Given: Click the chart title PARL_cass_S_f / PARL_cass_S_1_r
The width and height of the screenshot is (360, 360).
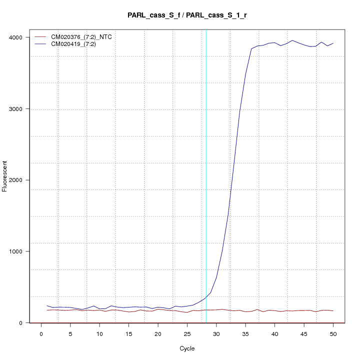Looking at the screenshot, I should [x=187, y=15].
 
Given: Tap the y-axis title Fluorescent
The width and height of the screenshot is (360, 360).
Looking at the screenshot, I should [x=5, y=176].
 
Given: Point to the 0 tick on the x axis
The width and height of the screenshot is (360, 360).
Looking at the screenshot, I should [x=41, y=332].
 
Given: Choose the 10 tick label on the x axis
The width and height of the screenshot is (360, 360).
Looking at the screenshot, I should [x=100, y=332].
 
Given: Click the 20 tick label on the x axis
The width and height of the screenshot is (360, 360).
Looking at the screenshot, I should [x=158, y=332].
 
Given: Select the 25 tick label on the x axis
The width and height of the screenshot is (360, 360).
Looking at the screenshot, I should [x=187, y=332].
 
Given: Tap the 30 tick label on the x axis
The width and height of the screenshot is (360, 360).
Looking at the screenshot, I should [x=216, y=332].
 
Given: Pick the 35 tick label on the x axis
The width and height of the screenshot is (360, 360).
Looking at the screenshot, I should [x=245, y=332].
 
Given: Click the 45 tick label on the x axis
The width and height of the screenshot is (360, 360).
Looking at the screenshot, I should [x=304, y=332].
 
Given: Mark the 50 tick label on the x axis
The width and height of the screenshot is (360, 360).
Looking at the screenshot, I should [x=333, y=332].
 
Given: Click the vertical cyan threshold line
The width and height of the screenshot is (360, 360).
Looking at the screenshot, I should [x=206, y=150].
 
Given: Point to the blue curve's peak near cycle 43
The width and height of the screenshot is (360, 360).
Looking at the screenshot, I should [x=292, y=40].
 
